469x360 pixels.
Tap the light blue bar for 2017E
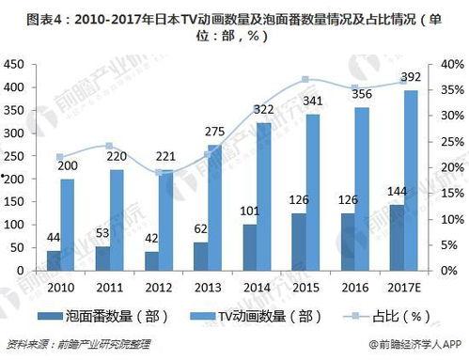(383, 179)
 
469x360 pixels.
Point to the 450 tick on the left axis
(14, 64)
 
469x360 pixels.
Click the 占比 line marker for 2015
(305, 80)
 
